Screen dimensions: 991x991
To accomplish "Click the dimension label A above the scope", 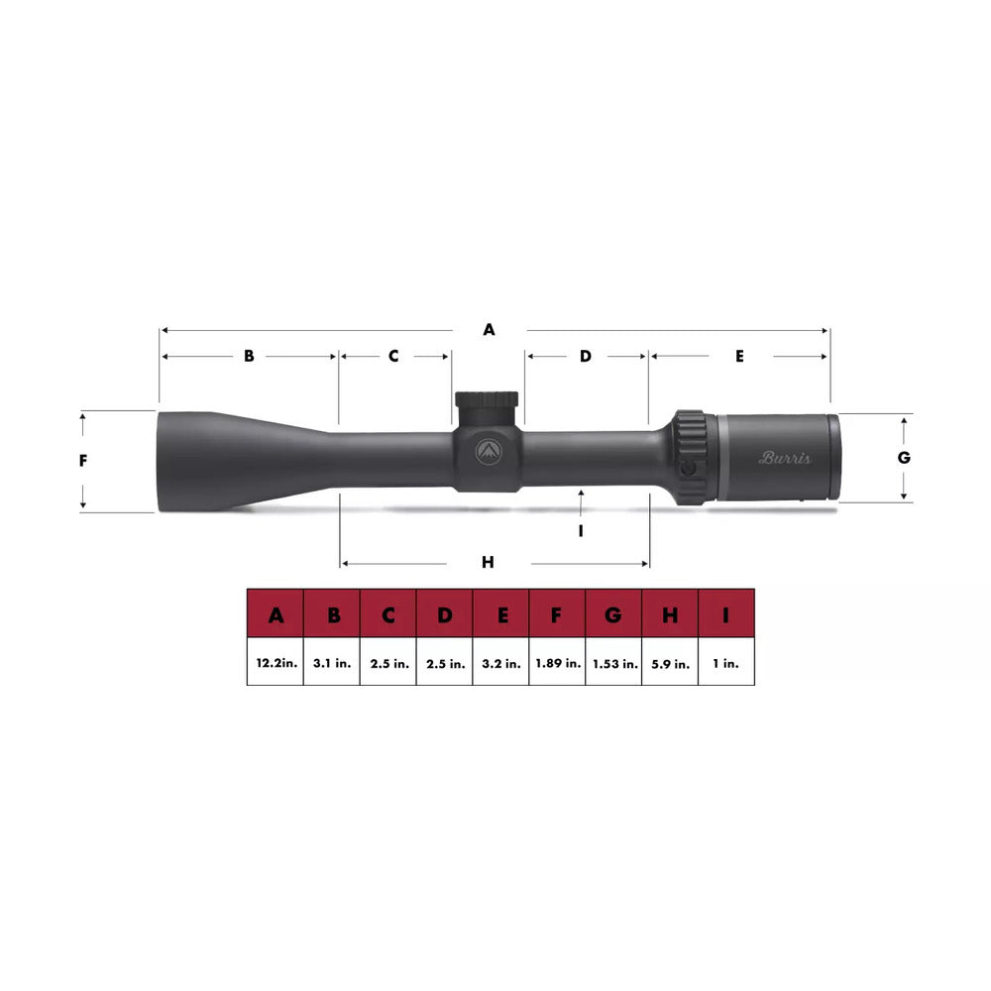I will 489,330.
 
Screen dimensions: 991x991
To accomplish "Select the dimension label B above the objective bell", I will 250,356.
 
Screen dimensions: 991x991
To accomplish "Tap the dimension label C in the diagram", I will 393,356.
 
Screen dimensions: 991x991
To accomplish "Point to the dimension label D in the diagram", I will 585,356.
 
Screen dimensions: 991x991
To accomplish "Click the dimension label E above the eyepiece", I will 739,356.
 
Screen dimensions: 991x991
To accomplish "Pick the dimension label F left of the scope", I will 84,461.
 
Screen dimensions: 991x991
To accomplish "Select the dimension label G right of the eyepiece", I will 903,458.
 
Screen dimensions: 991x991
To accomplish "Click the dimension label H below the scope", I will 488,563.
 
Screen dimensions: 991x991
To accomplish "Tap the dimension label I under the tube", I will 582,530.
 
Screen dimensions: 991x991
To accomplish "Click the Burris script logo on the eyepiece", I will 785,458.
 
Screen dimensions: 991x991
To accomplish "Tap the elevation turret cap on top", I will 487,400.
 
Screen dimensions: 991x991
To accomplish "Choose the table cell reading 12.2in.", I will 275,663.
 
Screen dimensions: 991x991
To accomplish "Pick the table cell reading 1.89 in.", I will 558,663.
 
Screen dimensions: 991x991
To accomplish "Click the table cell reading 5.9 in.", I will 671,663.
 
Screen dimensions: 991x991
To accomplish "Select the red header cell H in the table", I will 671,616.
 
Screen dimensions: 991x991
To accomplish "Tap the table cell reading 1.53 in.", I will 614,663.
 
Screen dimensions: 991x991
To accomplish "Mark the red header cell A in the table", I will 275,616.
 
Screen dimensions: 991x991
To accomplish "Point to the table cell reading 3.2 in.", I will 501,663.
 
